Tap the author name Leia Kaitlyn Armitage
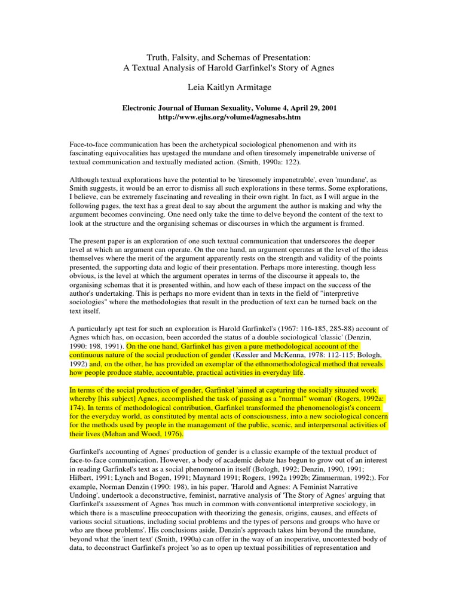click(x=229, y=87)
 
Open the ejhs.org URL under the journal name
click(x=229, y=118)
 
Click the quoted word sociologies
click(x=90, y=302)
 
